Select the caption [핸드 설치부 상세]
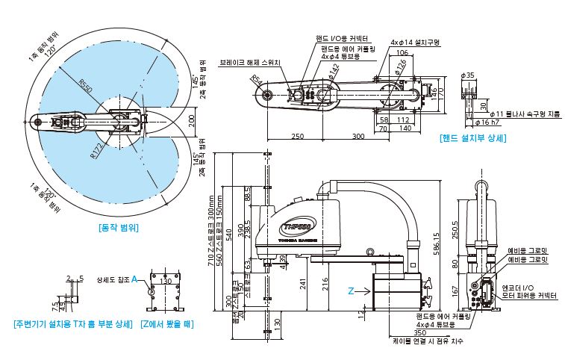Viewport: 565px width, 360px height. pyautogui.click(x=473, y=137)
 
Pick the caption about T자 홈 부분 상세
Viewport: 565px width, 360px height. pyautogui.click(x=72, y=323)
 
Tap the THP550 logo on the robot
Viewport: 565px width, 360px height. pyautogui.click(x=298, y=226)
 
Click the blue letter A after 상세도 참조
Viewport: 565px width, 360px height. pyautogui.click(x=134, y=280)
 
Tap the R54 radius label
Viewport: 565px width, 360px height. pyautogui.click(x=256, y=78)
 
